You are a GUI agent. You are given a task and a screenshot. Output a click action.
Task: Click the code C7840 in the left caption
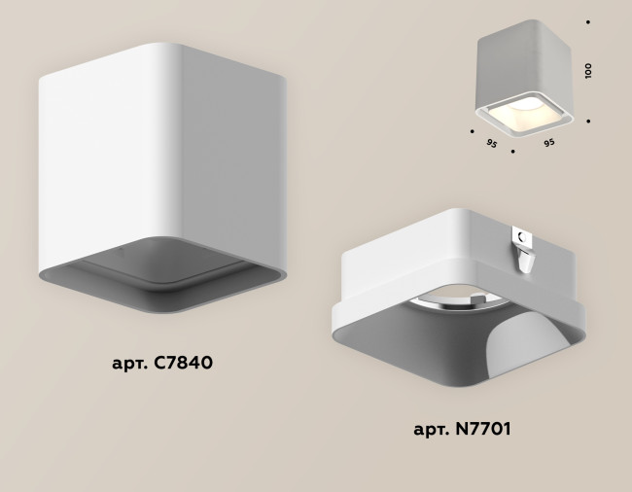pyautogui.click(x=181, y=364)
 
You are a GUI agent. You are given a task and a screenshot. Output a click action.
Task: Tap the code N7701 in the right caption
pyautogui.click(x=480, y=428)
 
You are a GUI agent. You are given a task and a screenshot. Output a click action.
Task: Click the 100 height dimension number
pyautogui.click(x=589, y=70)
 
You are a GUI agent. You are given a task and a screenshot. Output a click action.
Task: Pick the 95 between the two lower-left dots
pyautogui.click(x=492, y=143)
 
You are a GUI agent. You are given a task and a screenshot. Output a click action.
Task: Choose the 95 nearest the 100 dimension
pyautogui.click(x=549, y=142)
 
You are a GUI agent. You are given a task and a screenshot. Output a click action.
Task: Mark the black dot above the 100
pyautogui.click(x=589, y=19)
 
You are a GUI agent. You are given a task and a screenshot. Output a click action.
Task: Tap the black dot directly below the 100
pyautogui.click(x=589, y=121)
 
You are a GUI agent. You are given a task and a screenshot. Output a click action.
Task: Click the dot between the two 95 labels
pyautogui.click(x=512, y=153)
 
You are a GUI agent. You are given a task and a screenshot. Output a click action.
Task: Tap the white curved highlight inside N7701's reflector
pyautogui.click(x=526, y=340)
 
